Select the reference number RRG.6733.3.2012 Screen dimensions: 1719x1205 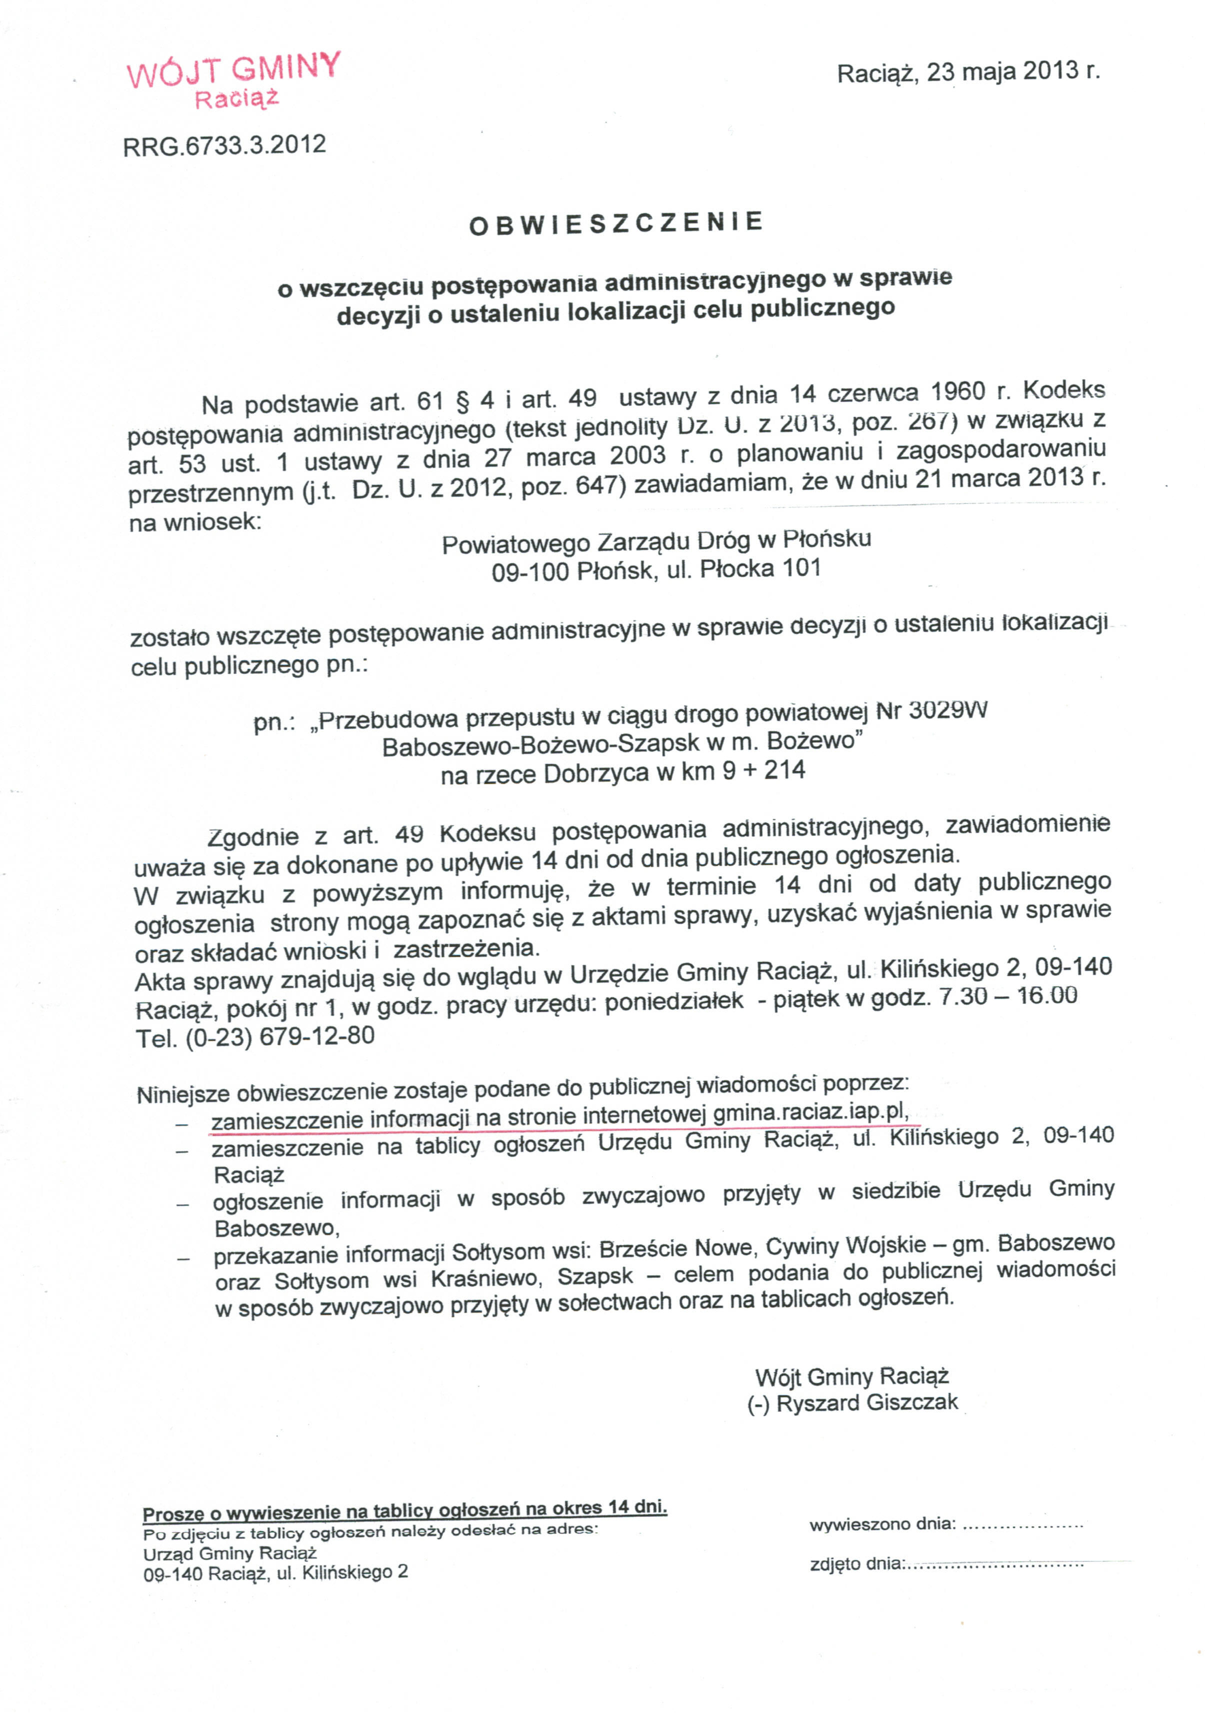pos(224,145)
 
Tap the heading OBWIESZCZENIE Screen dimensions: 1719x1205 pos(615,223)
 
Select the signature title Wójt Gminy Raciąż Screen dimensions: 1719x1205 pos(851,1376)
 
